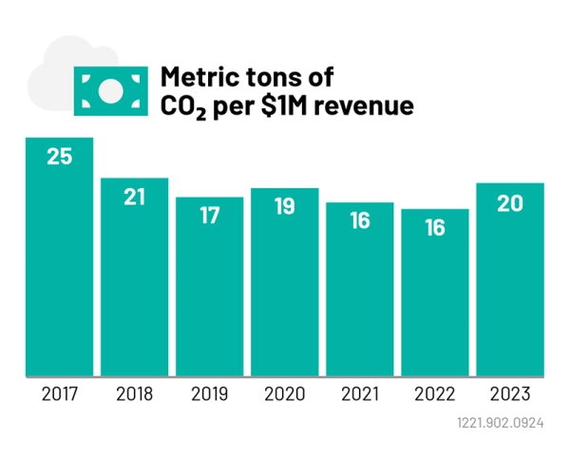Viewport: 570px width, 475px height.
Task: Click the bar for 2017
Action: [x=59, y=256]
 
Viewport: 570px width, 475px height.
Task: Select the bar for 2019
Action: [x=210, y=285]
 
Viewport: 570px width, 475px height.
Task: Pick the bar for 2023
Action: [x=510, y=279]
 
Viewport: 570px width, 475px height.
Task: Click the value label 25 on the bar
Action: [x=59, y=158]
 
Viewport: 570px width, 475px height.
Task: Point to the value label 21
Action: [x=134, y=198]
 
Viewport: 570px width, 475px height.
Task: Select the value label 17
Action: [x=210, y=216]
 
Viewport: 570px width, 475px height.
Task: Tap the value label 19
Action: [x=285, y=207]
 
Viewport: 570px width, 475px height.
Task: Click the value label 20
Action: [x=510, y=202]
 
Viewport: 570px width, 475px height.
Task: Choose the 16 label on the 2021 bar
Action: [x=360, y=221]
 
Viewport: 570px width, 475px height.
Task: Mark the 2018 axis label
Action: [x=134, y=392]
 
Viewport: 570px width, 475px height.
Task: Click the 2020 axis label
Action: [x=285, y=392]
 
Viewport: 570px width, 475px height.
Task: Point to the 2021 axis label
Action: [x=360, y=392]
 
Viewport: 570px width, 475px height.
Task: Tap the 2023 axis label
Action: [x=510, y=392]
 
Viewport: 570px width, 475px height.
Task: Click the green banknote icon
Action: [x=110, y=90]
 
